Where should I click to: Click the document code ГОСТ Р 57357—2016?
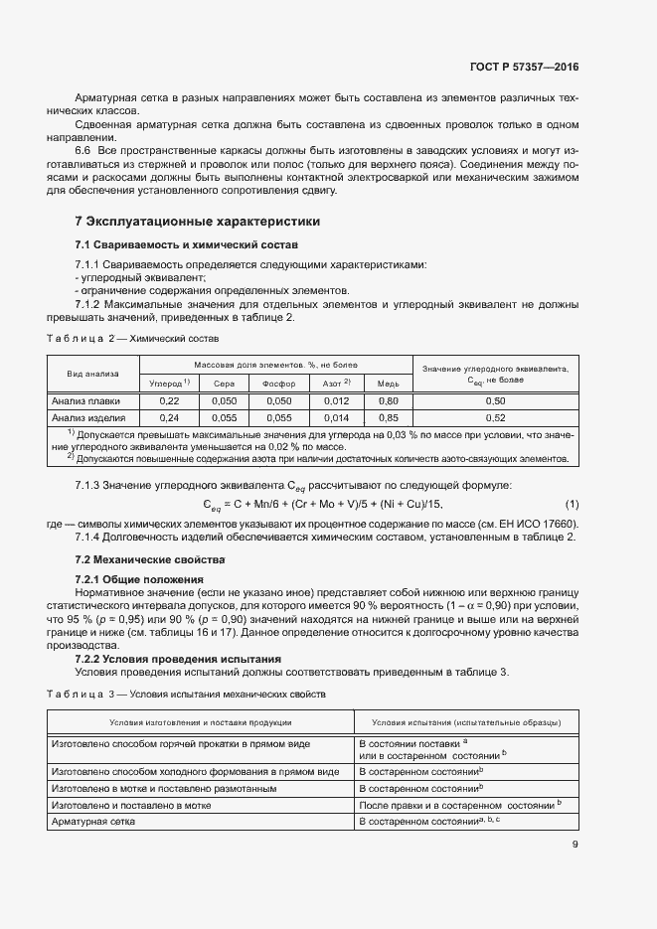[524, 67]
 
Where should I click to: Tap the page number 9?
[575, 846]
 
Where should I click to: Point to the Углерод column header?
[169, 382]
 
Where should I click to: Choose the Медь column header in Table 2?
[389, 382]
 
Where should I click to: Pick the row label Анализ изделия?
[88, 417]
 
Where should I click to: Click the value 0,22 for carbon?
[169, 400]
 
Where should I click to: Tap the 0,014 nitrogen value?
[336, 417]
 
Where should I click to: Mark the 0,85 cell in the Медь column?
[389, 417]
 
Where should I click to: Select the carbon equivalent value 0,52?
[494, 417]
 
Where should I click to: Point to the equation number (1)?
[572, 505]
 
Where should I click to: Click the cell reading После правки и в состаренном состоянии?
[459, 804]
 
